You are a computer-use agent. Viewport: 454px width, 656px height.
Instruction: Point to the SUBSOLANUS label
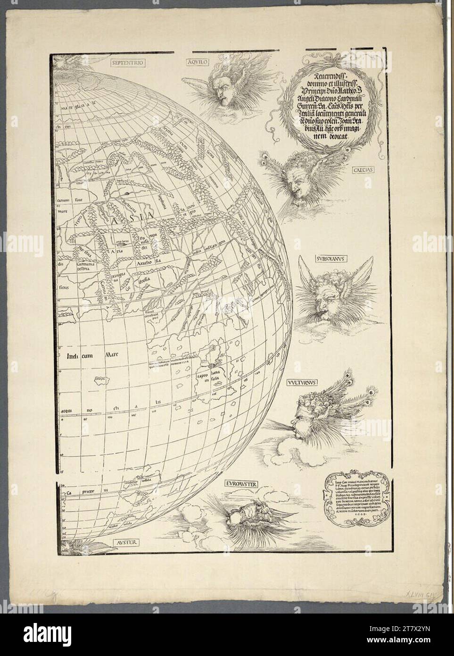329,259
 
